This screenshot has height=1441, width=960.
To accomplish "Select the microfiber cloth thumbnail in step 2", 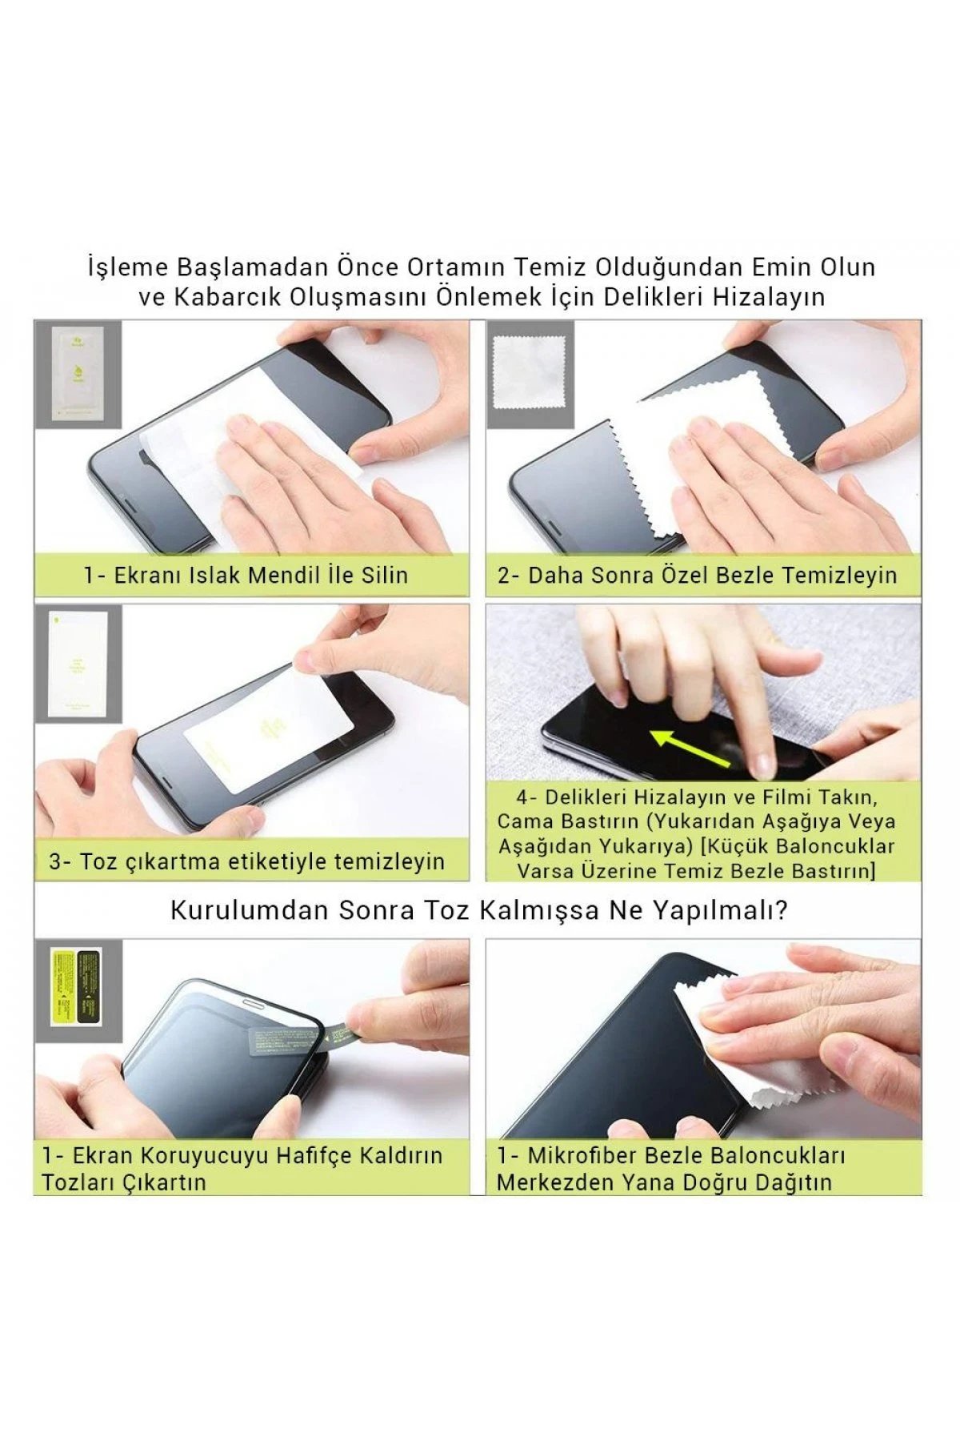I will tap(529, 372).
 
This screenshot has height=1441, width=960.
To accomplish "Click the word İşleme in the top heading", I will tap(129, 267).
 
